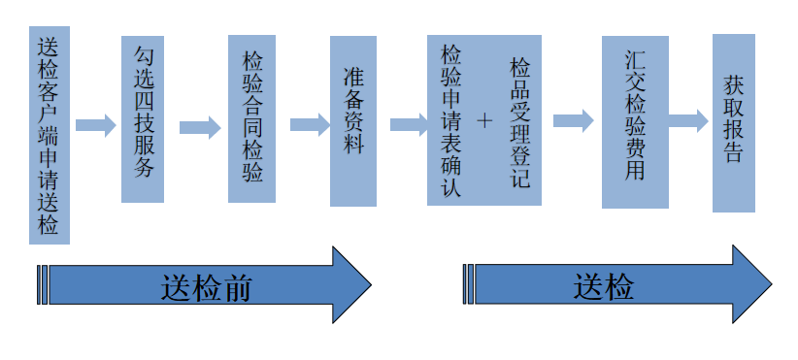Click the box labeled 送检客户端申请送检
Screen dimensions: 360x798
click(x=49, y=135)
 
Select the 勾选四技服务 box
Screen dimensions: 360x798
click(x=143, y=119)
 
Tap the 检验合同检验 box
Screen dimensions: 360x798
click(x=251, y=118)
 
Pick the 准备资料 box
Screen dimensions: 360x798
click(x=352, y=121)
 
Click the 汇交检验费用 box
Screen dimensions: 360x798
click(x=635, y=122)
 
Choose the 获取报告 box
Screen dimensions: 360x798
click(x=733, y=122)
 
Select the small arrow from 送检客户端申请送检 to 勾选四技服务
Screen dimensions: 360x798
click(x=95, y=125)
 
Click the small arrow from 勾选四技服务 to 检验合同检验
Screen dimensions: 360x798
click(x=200, y=127)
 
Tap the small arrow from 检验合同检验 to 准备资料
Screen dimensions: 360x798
click(x=310, y=125)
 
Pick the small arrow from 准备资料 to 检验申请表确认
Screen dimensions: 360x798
click(x=409, y=124)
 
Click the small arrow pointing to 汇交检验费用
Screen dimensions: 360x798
click(x=573, y=120)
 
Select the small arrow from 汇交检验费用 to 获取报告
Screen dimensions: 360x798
click(x=688, y=120)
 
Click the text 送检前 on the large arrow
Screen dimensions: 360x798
click(x=207, y=287)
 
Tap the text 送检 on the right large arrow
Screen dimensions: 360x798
click(x=603, y=287)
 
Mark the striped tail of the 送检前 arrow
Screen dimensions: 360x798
click(x=43, y=285)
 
